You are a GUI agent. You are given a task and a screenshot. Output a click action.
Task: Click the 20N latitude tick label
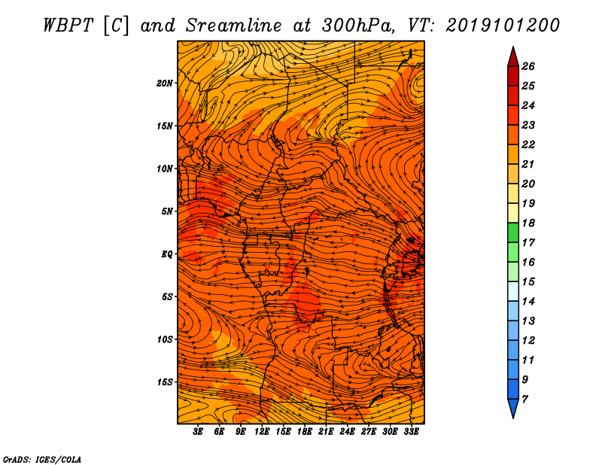point(165,83)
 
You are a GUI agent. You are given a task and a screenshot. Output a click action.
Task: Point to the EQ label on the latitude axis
point(167,254)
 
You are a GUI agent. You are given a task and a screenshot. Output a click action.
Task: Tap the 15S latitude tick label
point(165,382)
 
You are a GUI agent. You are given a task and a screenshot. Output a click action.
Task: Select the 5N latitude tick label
point(167,211)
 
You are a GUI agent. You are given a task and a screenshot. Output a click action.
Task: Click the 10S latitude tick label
point(165,339)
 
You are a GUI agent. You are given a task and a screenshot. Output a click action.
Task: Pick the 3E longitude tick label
point(198,432)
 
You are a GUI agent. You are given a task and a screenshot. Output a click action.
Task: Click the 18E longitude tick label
point(305,432)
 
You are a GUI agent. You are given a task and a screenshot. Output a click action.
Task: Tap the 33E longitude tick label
point(411,432)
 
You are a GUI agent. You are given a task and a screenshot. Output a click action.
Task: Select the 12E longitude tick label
point(262,432)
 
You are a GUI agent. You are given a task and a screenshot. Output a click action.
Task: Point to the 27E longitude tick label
point(369,432)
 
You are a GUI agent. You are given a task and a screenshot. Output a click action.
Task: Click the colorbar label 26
point(528,66)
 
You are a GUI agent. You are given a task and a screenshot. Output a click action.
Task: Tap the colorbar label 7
point(524,399)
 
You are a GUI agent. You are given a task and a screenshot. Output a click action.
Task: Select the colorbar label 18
point(528,223)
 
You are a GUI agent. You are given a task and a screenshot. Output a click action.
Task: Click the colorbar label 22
point(528,144)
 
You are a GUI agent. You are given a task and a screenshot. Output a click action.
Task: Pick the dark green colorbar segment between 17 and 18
point(513,232)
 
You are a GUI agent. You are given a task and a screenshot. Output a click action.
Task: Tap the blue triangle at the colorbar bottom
point(513,407)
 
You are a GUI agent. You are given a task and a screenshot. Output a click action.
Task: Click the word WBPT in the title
point(68,26)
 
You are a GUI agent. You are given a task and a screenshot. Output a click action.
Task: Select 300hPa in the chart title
point(358,26)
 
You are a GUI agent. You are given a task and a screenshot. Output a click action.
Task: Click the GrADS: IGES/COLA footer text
point(42,460)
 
